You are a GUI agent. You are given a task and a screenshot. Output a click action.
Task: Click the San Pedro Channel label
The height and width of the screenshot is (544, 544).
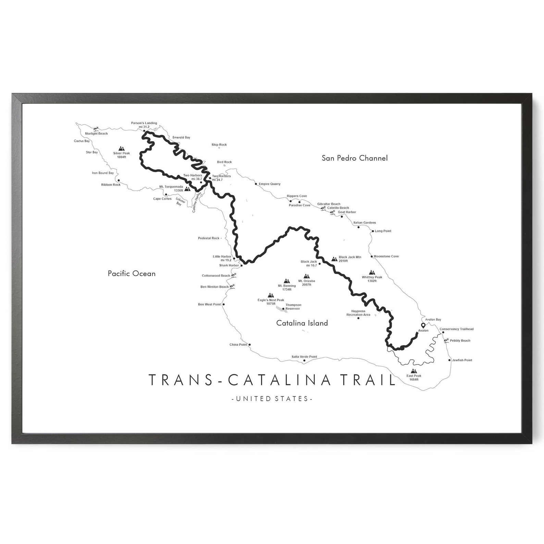tap(355, 158)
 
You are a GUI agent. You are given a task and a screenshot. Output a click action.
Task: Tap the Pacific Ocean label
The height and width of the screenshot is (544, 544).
tap(132, 273)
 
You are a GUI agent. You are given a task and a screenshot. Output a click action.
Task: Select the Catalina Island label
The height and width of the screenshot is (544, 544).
tap(302, 323)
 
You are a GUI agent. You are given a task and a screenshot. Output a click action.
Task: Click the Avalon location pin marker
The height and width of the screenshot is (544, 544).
tap(423, 325)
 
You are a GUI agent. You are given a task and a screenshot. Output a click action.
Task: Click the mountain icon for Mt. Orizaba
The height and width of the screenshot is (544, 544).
tap(307, 276)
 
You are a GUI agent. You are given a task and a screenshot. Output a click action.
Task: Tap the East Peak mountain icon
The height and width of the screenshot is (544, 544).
tap(414, 371)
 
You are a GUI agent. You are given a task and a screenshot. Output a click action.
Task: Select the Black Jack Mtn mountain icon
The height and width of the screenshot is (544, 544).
tap(334, 259)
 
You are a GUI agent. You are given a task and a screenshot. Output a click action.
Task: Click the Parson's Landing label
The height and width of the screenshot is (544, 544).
tap(144, 123)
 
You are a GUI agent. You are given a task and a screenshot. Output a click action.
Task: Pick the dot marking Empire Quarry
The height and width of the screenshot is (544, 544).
tap(256, 184)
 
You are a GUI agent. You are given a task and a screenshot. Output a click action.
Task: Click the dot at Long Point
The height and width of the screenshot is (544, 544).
tap(373, 231)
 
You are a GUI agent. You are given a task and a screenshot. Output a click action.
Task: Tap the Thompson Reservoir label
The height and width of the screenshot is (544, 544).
tap(293, 307)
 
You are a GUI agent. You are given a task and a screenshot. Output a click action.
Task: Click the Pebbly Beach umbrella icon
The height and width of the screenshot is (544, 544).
tap(446, 341)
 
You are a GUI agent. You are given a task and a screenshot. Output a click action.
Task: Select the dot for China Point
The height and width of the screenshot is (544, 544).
tap(249, 345)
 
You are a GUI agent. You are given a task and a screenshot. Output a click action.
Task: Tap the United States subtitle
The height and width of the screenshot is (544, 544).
tap(272, 399)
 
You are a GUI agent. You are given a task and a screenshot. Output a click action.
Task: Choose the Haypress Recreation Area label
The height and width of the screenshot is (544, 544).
tap(358, 313)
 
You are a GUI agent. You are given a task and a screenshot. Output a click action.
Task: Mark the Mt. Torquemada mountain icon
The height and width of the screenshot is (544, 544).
tap(187, 188)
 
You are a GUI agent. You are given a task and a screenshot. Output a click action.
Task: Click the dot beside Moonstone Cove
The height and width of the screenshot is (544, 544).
tap(371, 256)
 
